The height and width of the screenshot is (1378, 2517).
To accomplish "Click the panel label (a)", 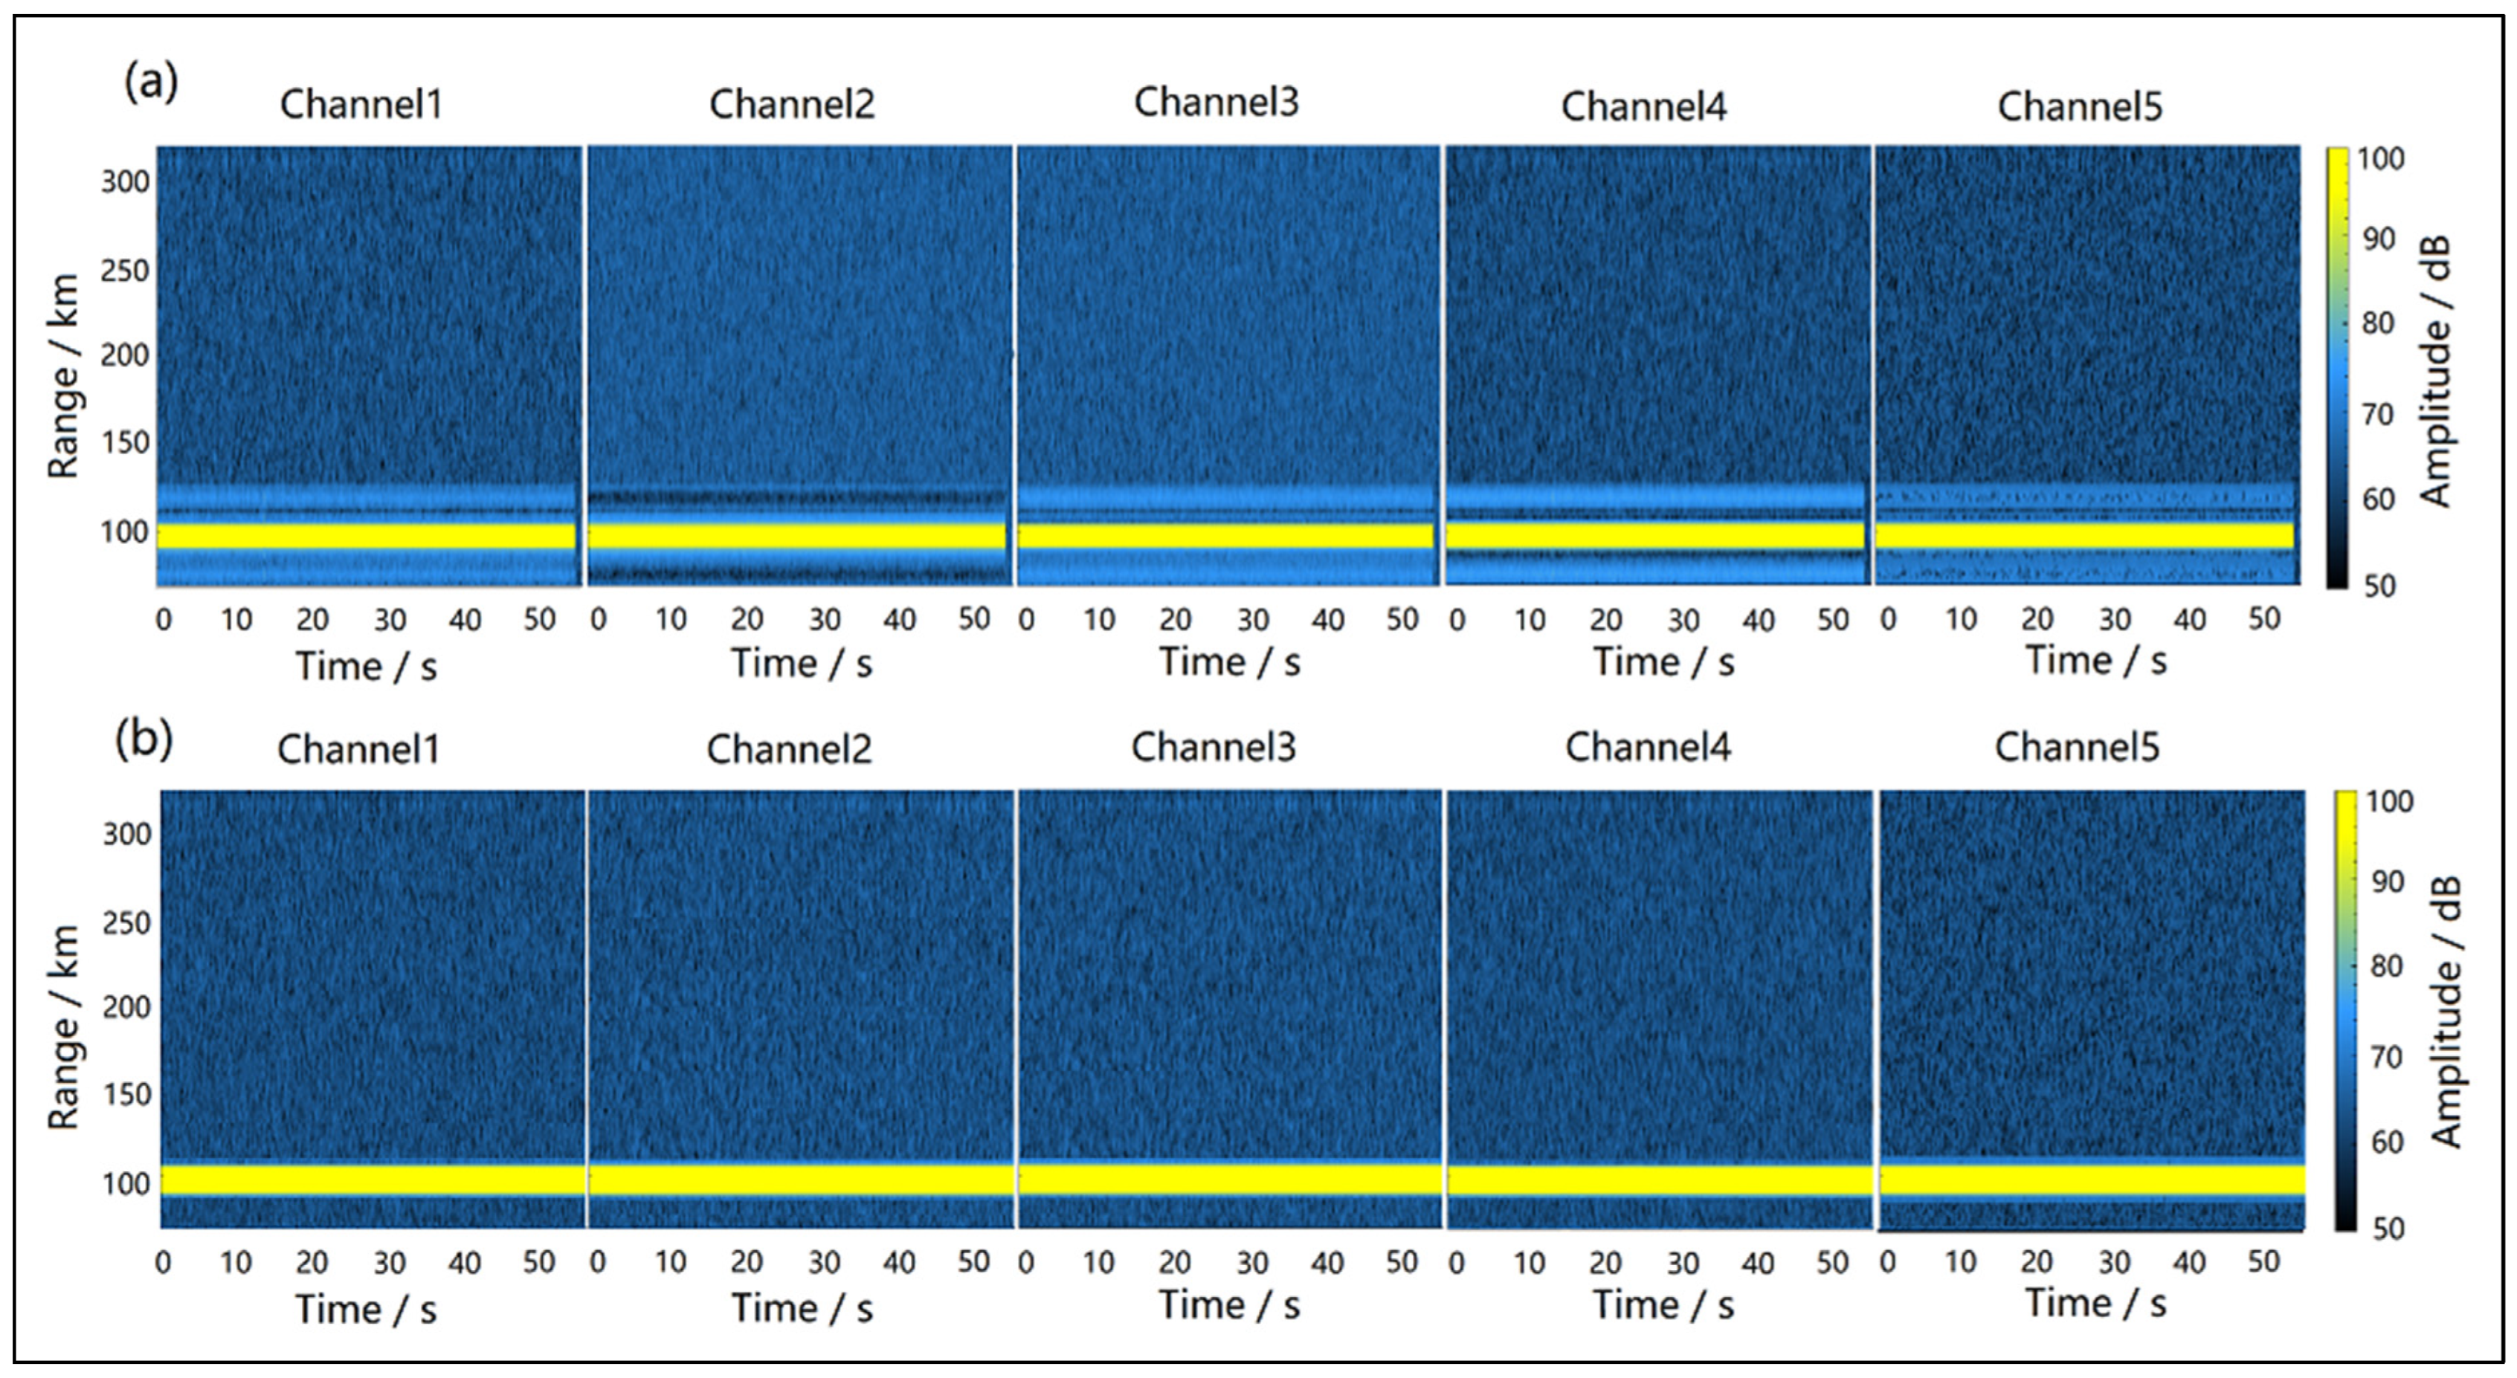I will (x=150, y=81).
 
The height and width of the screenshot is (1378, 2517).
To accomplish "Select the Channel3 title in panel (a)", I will (x=1216, y=102).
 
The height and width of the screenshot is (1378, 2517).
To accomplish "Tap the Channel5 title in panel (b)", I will (x=2076, y=747).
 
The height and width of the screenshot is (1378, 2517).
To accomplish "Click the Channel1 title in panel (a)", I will (x=361, y=103).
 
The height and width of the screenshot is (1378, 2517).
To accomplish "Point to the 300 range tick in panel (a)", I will (x=125, y=181).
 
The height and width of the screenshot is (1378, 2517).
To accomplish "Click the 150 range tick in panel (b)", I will (x=127, y=1094).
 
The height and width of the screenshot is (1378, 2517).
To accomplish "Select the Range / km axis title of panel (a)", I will (x=62, y=376).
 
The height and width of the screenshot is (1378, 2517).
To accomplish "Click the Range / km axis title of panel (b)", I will (x=62, y=1027).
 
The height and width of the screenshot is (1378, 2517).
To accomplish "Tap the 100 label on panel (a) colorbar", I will (x=2380, y=158).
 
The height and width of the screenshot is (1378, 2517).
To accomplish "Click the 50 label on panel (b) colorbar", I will (x=2388, y=1229).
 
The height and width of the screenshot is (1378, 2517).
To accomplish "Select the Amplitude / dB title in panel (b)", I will (x=2445, y=1011).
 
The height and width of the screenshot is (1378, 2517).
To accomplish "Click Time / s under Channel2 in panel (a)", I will (x=802, y=664).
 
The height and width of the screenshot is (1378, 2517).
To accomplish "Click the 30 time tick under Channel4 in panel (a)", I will (x=1683, y=619).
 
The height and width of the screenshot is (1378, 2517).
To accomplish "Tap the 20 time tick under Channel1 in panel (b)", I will (x=312, y=1263).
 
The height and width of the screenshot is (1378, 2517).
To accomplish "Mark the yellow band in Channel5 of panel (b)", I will (x=2091, y=1180).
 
